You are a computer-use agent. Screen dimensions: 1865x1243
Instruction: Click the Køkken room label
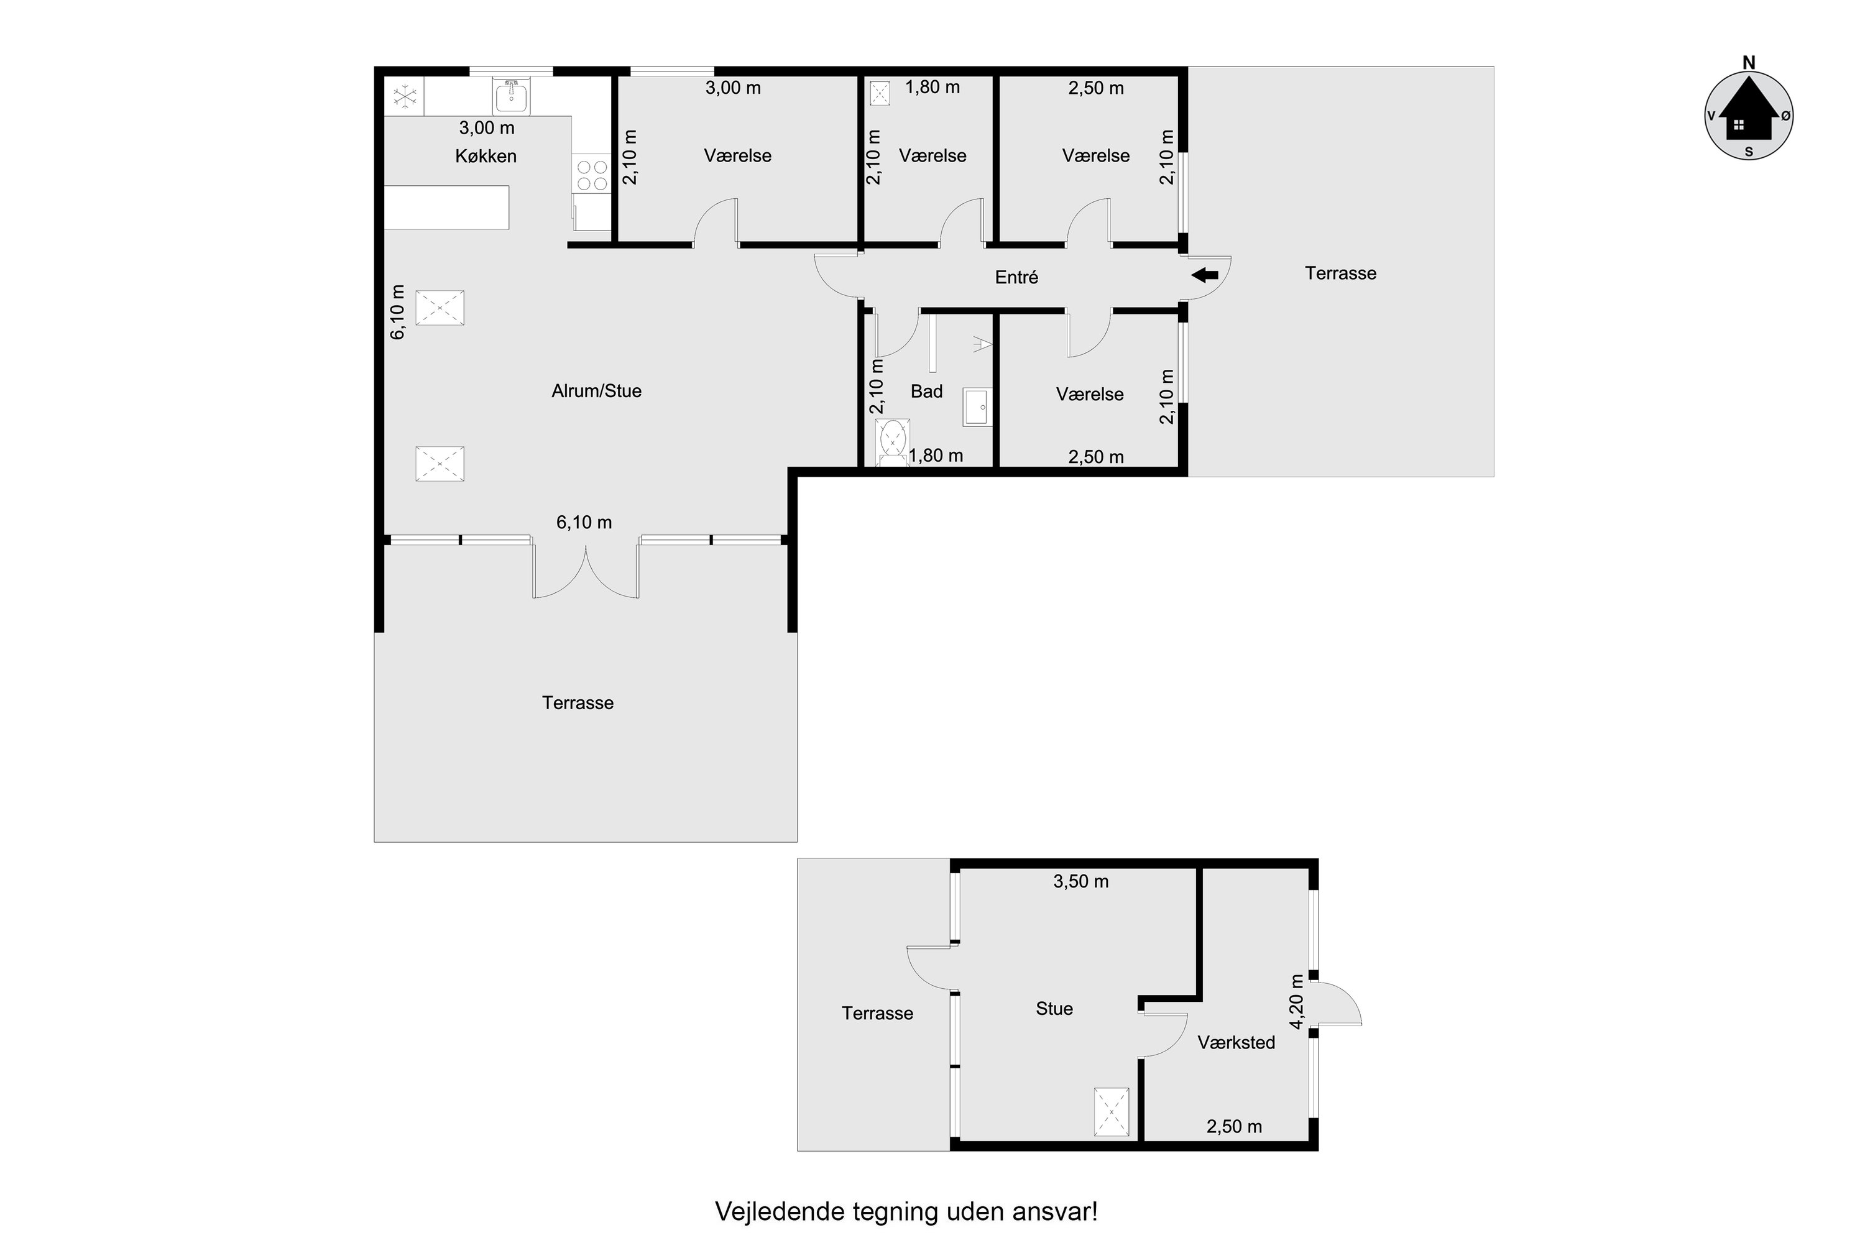(x=486, y=156)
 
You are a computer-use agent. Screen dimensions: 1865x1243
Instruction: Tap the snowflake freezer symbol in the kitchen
(x=405, y=98)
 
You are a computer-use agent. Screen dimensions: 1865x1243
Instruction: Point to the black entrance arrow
(x=1205, y=275)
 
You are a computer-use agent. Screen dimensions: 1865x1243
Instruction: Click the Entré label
(x=1016, y=277)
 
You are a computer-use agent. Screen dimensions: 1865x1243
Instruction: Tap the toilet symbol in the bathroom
(x=894, y=441)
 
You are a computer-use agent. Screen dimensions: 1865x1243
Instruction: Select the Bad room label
(x=926, y=391)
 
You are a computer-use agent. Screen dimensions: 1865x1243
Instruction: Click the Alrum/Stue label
(x=596, y=391)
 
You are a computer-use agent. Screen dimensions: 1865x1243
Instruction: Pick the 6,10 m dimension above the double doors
(x=584, y=523)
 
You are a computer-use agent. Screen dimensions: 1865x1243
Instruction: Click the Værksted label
(x=1236, y=1042)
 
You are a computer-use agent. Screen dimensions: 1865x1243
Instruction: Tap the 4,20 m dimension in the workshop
(x=1296, y=1002)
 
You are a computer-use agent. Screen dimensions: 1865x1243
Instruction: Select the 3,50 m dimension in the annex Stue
(x=1081, y=881)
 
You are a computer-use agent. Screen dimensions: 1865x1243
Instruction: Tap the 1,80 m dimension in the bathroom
(x=936, y=456)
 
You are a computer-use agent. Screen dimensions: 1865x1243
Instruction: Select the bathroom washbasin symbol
(x=976, y=406)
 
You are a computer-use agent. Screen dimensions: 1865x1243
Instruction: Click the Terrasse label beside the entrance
(x=1340, y=273)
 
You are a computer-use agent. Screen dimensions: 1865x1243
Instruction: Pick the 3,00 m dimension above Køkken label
(x=487, y=127)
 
